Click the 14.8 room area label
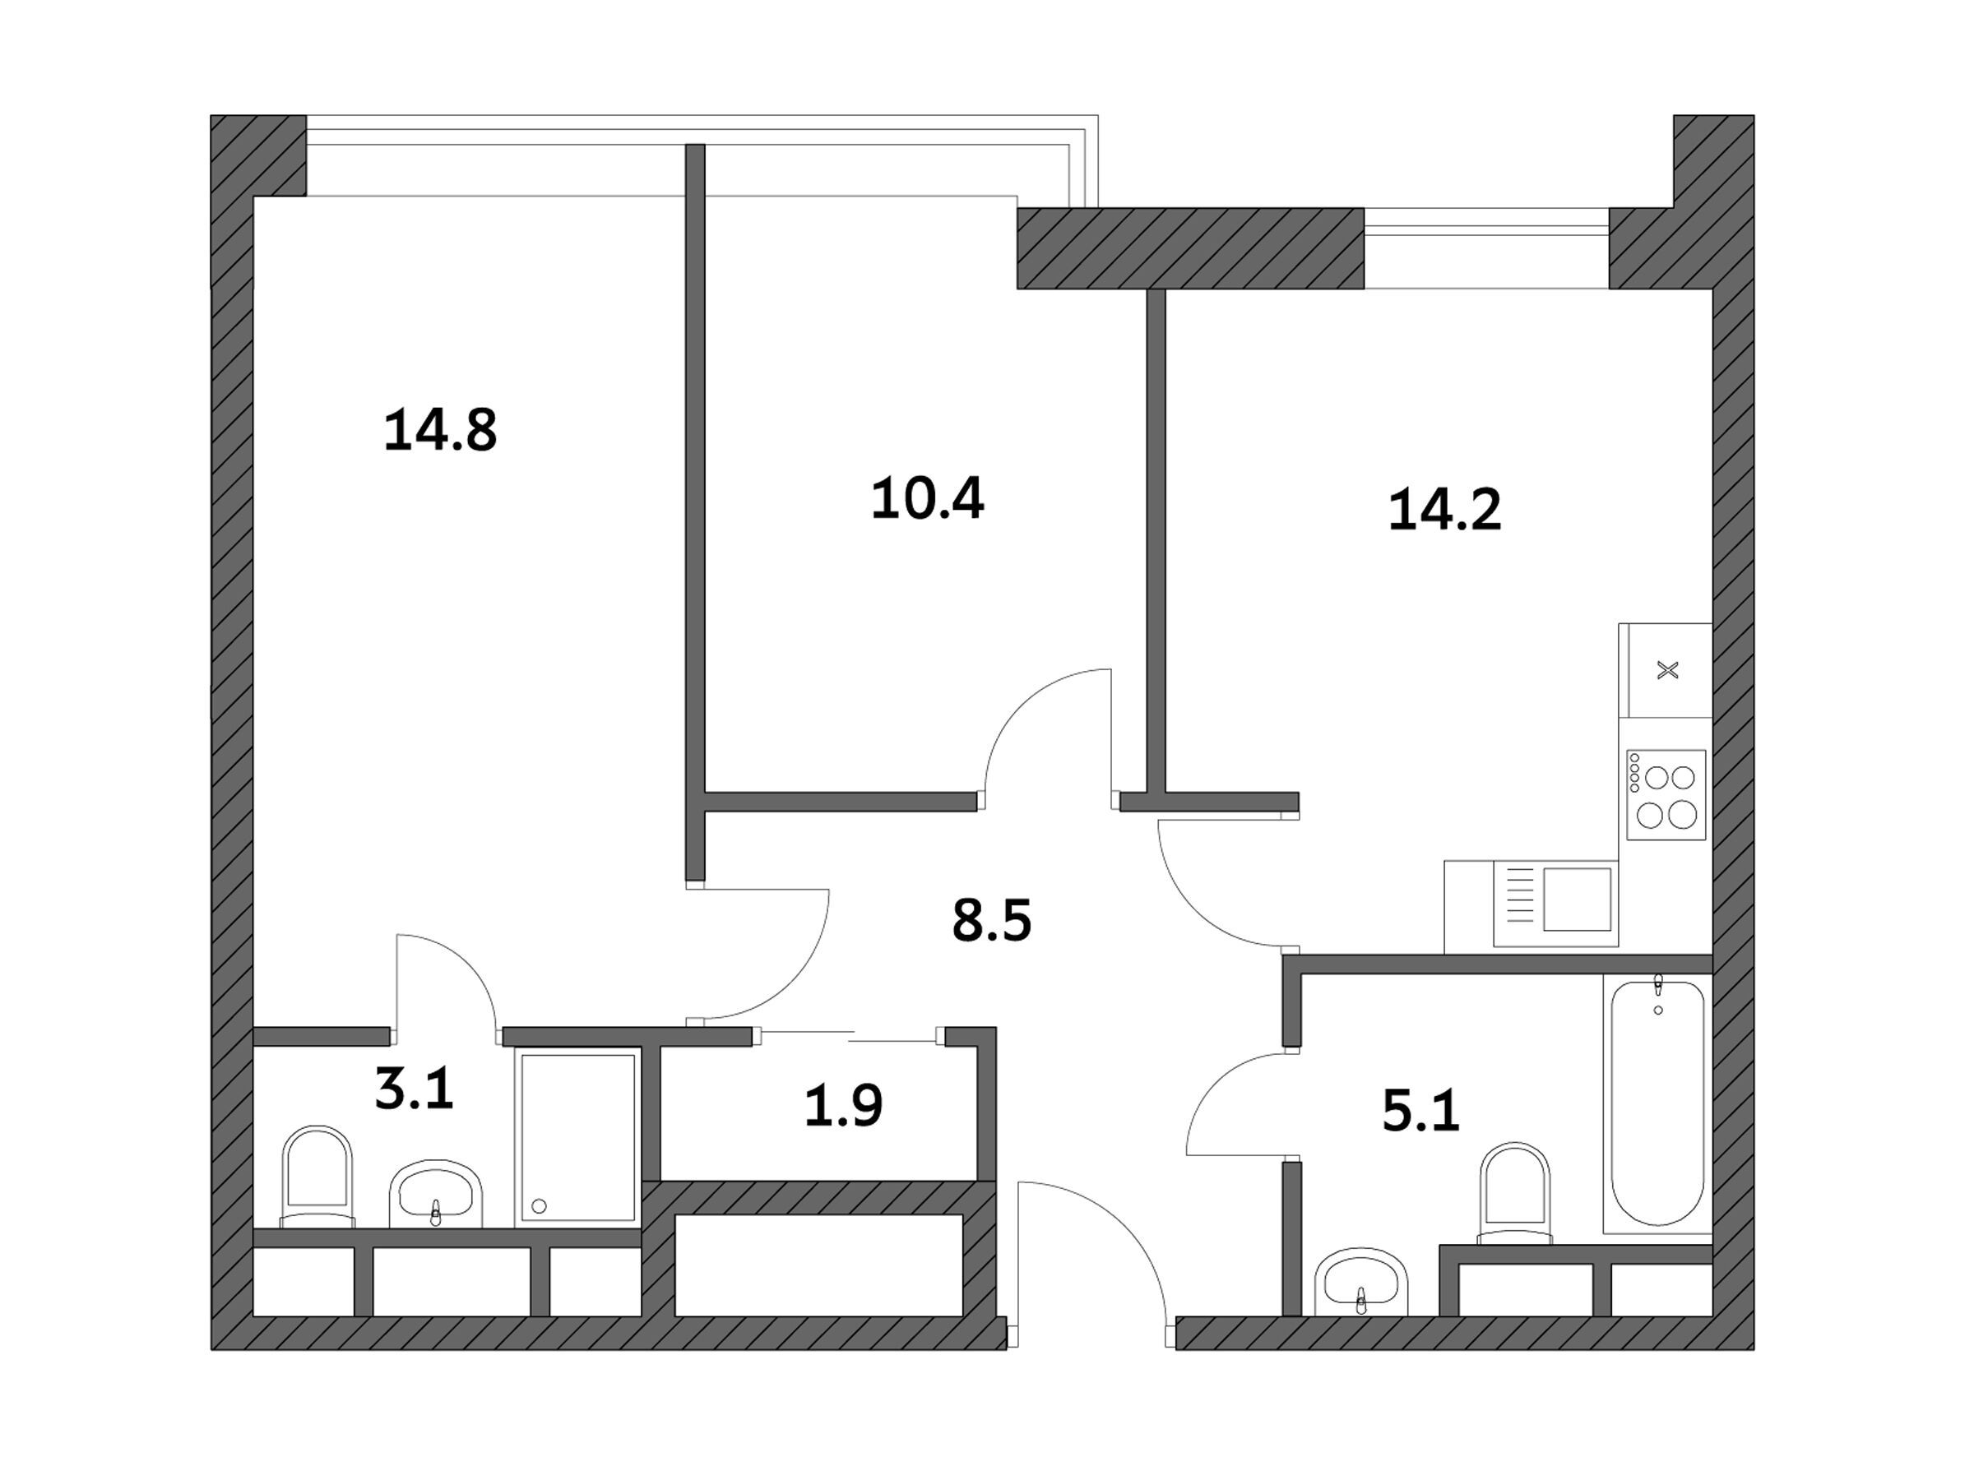coord(440,430)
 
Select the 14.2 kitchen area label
coord(1445,510)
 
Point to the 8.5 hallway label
coord(991,921)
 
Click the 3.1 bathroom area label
coord(414,1090)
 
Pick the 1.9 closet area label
coord(843,1104)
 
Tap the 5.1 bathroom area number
coord(1420,1112)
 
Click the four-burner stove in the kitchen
coord(1666,795)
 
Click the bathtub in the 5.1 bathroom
coord(1658,1103)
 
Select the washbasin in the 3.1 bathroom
coord(435,1194)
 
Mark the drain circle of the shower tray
coord(538,1207)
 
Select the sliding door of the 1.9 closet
coord(849,1036)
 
